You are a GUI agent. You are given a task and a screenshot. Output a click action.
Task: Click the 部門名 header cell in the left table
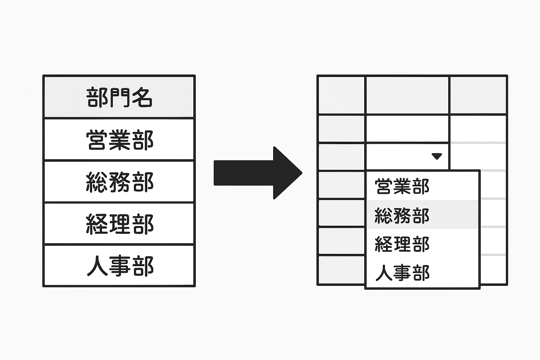pyautogui.click(x=119, y=97)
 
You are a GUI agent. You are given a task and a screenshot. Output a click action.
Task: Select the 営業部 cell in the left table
pyautogui.click(x=119, y=140)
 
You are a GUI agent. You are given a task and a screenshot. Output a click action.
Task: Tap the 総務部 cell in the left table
pyautogui.click(x=119, y=182)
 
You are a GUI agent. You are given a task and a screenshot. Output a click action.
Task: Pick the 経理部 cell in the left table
pyautogui.click(x=119, y=224)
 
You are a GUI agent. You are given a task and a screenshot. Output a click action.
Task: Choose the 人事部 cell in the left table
pyautogui.click(x=119, y=266)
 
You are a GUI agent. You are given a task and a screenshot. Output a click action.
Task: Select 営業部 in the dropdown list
pyautogui.click(x=402, y=186)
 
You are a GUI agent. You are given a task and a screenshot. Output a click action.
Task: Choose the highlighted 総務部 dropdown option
pyautogui.click(x=402, y=215)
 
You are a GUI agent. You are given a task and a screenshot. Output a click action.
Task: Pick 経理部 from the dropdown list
pyautogui.click(x=402, y=244)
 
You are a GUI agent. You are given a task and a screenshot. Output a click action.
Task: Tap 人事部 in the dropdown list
pyautogui.click(x=402, y=273)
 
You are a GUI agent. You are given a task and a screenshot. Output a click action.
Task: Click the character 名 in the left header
pyautogui.click(x=142, y=97)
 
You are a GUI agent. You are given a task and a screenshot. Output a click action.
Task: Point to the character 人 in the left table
pyautogui.click(x=97, y=266)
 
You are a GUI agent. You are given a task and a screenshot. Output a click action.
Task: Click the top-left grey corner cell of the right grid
pyautogui.click(x=341, y=95)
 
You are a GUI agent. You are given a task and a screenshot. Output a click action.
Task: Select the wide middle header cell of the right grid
pyautogui.click(x=407, y=95)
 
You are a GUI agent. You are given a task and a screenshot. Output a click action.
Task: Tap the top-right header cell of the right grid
pyautogui.click(x=478, y=95)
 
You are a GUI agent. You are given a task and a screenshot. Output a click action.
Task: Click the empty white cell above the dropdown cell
pyautogui.click(x=407, y=129)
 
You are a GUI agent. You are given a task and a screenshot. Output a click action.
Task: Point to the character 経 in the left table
pyautogui.click(x=97, y=224)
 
